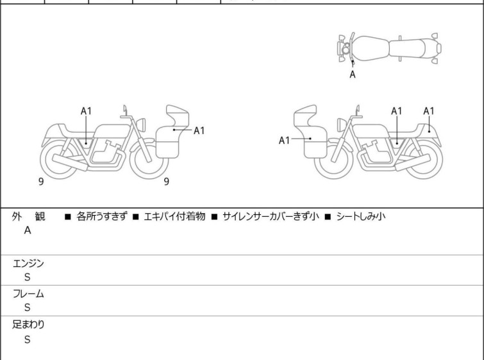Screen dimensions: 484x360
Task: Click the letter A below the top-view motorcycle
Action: pyautogui.click(x=353, y=74)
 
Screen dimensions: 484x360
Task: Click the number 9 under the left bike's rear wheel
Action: pyautogui.click(x=41, y=182)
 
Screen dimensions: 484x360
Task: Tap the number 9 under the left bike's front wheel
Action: pyautogui.click(x=167, y=182)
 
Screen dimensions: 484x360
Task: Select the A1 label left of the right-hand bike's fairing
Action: pyautogui.click(x=284, y=141)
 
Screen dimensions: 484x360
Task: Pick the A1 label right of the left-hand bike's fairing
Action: pyautogui.click(x=199, y=131)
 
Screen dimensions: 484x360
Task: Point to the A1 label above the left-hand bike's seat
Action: pyautogui.click(x=86, y=111)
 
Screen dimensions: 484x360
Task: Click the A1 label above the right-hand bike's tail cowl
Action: pyautogui.click(x=429, y=111)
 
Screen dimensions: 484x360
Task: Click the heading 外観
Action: pyautogui.click(x=28, y=217)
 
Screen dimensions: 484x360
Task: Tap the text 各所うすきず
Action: pyautogui.click(x=101, y=216)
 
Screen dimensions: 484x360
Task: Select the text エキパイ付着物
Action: pyautogui.click(x=175, y=216)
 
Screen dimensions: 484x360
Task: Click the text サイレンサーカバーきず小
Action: pyautogui.click(x=271, y=216)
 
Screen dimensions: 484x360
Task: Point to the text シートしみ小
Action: pyautogui.click(x=361, y=216)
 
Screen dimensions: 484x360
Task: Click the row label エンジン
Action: pyautogui.click(x=28, y=264)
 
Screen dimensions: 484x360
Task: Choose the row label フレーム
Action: pyautogui.click(x=28, y=294)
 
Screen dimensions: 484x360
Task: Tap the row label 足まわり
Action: pyautogui.click(x=28, y=325)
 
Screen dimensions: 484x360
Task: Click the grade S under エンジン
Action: pyautogui.click(x=28, y=277)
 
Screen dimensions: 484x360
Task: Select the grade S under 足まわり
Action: pyautogui.click(x=28, y=339)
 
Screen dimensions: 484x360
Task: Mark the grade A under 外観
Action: pyautogui.click(x=28, y=230)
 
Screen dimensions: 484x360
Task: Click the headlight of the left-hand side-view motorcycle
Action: pyautogui.click(x=141, y=125)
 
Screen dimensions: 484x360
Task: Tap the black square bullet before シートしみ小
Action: pyautogui.click(x=328, y=217)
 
